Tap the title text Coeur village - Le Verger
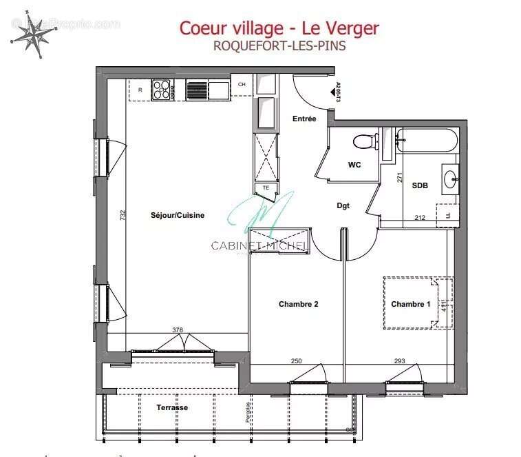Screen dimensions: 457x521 point(279,28)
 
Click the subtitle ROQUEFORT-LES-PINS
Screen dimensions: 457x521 point(279,48)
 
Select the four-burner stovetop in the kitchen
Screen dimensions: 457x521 point(162,90)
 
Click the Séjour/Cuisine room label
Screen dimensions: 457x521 point(178,216)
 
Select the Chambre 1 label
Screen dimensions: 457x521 point(411,304)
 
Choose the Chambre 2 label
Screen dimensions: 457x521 point(298,304)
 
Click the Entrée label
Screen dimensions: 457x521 point(304,119)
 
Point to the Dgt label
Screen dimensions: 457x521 point(343,205)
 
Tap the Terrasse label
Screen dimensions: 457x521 point(171,407)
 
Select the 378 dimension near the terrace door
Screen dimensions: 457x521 point(178,330)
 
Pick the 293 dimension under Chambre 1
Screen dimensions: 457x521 point(400,361)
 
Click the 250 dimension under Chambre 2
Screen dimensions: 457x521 point(296,361)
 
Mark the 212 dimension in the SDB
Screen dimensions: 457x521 point(420,219)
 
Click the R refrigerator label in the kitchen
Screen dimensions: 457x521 point(140,90)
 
